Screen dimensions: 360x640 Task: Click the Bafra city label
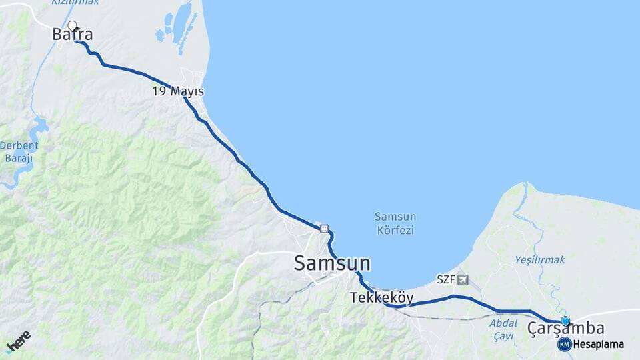coord(73,35)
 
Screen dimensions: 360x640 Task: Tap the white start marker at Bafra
coord(72,26)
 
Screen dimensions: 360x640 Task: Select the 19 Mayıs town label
coord(177,91)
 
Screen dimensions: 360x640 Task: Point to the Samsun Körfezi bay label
coord(395,223)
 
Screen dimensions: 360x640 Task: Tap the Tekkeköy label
coord(382,298)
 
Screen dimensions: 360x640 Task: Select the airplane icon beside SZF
coord(463,279)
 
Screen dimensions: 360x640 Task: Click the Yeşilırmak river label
coord(540,259)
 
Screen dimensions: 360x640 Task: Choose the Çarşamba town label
coord(565,328)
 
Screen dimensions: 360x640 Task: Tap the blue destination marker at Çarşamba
coord(565,321)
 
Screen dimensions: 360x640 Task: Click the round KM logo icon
coord(565,344)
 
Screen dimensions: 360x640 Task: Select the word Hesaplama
coord(599,344)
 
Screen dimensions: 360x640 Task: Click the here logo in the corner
coord(18,342)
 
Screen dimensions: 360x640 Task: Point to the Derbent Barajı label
coord(19,151)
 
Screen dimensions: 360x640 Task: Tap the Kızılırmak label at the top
coord(75,3)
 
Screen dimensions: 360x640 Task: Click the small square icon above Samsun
coord(324,229)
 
